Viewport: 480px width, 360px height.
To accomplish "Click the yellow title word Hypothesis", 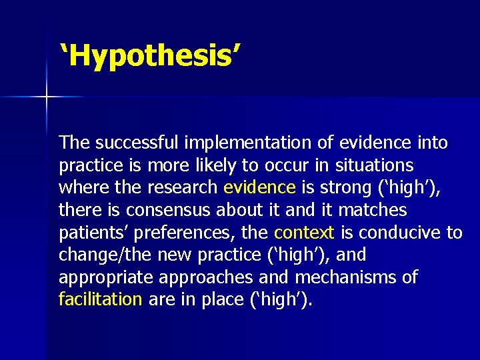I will pos(149,57).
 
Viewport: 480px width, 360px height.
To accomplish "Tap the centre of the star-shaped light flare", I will pos(47,97).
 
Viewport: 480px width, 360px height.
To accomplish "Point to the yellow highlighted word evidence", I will pos(259,188).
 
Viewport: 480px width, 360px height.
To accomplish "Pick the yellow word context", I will pos(303,233).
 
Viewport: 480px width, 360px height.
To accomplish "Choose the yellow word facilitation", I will pos(100,300).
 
